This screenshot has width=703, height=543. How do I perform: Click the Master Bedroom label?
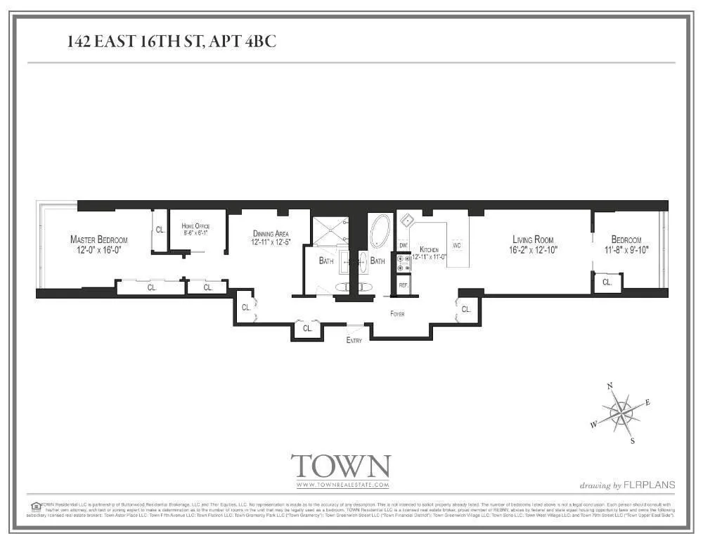click(99, 240)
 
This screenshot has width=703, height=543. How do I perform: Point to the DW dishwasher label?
click(404, 245)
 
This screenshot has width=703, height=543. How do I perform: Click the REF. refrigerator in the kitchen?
click(404, 285)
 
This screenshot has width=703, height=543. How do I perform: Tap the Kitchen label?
click(429, 249)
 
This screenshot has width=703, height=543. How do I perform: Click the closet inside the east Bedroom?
click(607, 282)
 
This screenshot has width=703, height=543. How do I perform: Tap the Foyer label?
click(397, 314)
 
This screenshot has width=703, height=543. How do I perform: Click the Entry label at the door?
click(355, 340)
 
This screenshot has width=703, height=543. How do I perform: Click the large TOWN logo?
click(341, 466)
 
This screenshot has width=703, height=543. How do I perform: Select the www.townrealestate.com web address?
click(342, 485)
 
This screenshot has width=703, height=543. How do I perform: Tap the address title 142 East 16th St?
click(172, 41)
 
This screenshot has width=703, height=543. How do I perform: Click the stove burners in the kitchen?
click(404, 263)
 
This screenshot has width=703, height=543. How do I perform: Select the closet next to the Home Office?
click(160, 229)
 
